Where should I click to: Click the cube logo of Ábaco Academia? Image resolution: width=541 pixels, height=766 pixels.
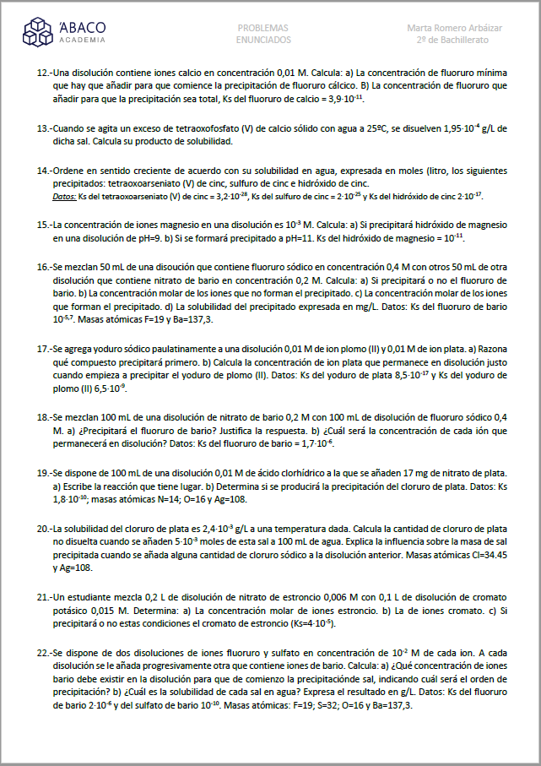click(38, 33)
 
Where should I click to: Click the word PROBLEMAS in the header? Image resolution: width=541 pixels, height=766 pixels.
click(263, 28)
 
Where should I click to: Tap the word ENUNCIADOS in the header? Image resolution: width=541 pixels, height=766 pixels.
click(263, 40)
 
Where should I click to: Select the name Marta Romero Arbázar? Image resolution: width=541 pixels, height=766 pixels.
click(454, 28)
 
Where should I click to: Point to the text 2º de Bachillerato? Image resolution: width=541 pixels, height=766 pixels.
click(454, 40)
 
